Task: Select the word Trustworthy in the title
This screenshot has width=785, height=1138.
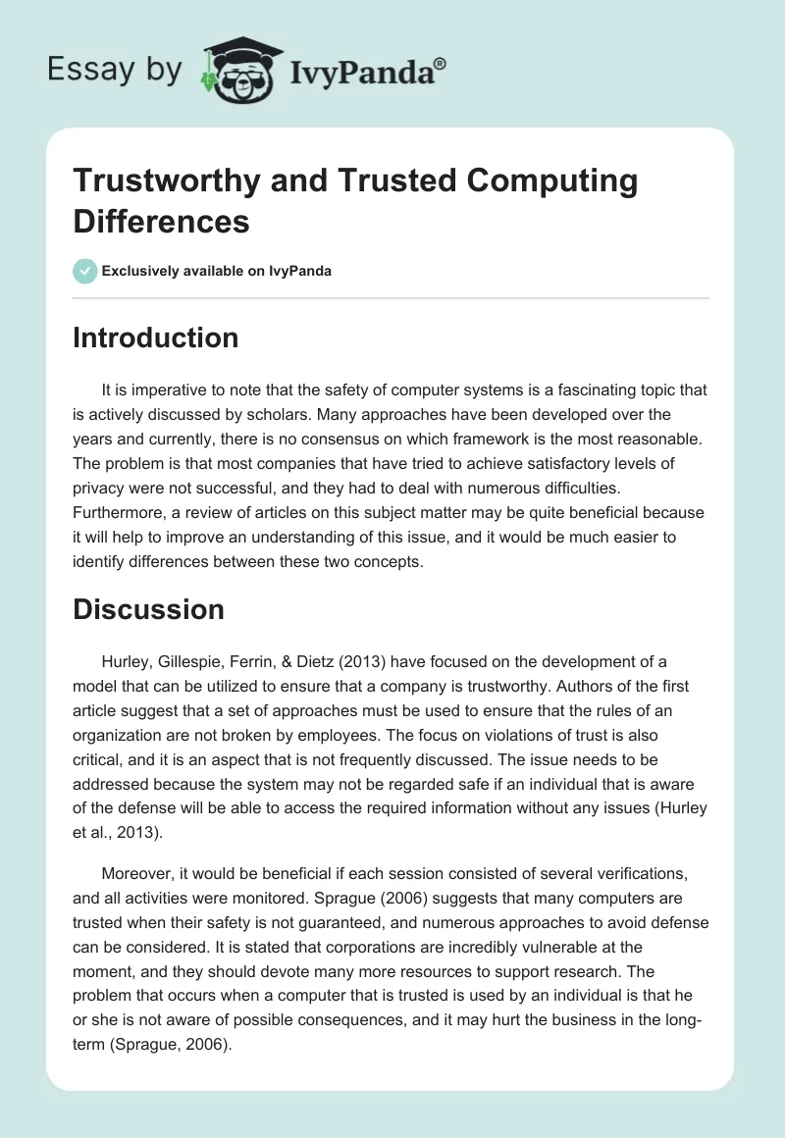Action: (164, 181)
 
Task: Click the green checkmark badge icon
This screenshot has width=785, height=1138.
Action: (85, 271)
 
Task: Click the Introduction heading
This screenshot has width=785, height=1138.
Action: (156, 337)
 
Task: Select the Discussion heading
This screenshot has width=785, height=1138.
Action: (149, 609)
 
